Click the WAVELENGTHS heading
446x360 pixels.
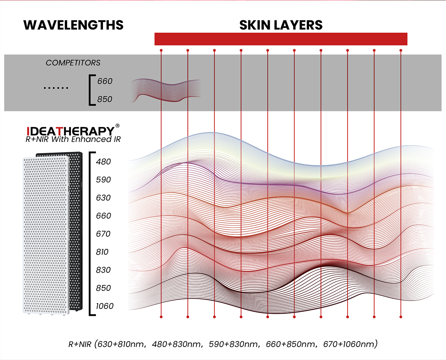tap(73, 25)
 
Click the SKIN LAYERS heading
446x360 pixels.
tap(281, 25)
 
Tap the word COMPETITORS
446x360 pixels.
tap(73, 63)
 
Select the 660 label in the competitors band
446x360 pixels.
tap(104, 81)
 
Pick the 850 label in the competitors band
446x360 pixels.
tap(104, 99)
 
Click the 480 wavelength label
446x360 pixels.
tap(103, 162)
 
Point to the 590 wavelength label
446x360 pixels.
tap(103, 180)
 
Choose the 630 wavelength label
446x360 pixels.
tap(103, 198)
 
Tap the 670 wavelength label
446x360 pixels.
tap(103, 234)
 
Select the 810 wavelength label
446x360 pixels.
tap(102, 252)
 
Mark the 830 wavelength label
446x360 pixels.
tap(103, 270)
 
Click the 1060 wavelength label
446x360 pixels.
tap(104, 306)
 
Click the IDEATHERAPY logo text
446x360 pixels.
tap(70, 131)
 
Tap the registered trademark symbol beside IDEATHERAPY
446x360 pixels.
tap(117, 126)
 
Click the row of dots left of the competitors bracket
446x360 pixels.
tap(56, 88)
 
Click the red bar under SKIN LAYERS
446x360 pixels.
tap(281, 39)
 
